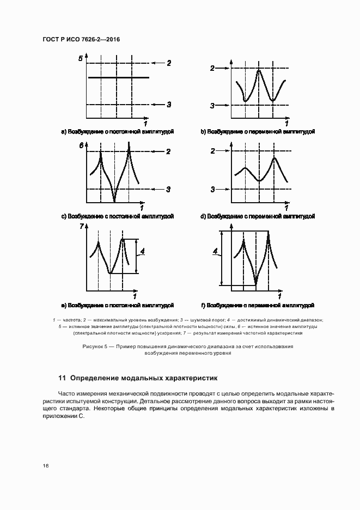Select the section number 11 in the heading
(x=62, y=377)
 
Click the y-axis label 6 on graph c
(x=81, y=145)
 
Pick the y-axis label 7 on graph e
(x=81, y=227)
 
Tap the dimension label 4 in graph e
(x=142, y=251)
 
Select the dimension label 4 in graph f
(x=216, y=251)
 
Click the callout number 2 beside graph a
(x=169, y=64)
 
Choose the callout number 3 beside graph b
(x=213, y=105)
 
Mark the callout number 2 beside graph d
(x=213, y=151)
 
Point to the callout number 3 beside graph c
(x=169, y=189)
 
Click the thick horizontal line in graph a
(x=118, y=78)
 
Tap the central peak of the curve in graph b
(x=259, y=71)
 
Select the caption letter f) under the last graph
(x=204, y=305)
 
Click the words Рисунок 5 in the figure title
(x=96, y=346)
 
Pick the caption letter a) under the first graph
(x=64, y=132)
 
